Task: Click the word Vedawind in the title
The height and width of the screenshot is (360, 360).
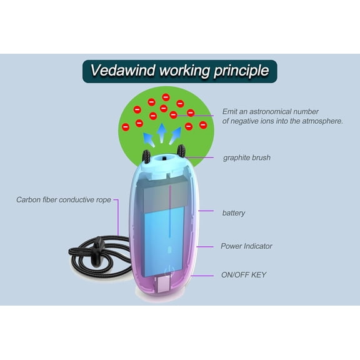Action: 122,70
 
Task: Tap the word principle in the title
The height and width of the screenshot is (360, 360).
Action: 241,71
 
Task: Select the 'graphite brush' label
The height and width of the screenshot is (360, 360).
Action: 247,157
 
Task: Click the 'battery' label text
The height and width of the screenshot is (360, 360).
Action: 234,213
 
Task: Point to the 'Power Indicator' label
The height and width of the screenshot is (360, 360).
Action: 246,246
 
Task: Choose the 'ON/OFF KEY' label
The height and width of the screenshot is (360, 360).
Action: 244,275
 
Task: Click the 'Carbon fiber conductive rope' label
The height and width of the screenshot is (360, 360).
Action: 64,200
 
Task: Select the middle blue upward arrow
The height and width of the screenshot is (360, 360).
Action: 162,133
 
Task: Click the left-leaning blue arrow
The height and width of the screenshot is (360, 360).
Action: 149,139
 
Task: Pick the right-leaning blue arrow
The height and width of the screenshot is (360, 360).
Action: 176,136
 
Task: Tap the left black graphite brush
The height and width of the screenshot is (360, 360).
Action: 146,157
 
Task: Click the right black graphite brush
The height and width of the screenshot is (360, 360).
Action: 181,151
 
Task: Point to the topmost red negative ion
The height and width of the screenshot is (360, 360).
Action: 166,97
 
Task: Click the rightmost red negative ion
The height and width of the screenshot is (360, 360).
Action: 203,125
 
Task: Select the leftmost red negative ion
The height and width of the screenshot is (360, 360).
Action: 126,127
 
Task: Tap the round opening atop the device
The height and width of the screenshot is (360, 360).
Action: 164,158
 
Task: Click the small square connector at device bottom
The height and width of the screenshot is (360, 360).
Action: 164,284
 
